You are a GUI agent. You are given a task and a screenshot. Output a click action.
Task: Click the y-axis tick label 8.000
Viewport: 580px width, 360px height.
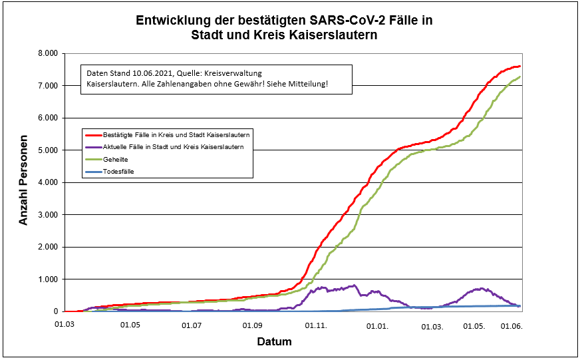point(47,53)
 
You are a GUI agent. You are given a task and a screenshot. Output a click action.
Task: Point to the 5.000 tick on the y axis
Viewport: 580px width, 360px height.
point(47,150)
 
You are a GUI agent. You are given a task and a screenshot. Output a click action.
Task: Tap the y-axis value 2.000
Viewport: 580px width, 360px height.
point(47,247)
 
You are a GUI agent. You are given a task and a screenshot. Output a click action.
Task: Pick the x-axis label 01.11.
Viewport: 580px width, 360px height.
point(316,325)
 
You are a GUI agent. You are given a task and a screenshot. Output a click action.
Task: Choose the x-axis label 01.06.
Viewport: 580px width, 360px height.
point(511,325)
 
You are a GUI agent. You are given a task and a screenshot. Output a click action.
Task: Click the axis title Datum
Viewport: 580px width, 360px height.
point(274,341)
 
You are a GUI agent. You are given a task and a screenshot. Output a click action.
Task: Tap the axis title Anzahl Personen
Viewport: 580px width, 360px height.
point(24,182)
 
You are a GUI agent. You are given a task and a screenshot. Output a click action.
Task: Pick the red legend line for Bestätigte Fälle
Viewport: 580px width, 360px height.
point(93,135)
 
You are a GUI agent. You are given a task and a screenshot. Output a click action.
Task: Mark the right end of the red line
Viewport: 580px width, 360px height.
point(519,66)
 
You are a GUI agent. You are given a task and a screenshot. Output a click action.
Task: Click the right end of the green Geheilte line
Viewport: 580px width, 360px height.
point(519,77)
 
